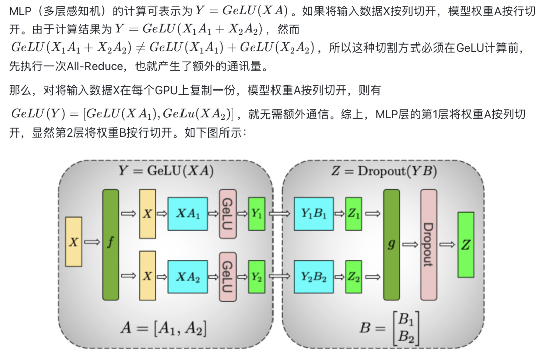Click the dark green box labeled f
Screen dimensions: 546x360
point(110,245)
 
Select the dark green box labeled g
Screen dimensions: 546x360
point(391,245)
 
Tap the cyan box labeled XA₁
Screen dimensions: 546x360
point(188,214)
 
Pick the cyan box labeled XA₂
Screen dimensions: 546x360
point(188,277)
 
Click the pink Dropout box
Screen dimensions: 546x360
point(429,245)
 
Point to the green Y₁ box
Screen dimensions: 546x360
point(257,214)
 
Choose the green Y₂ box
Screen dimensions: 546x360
point(257,277)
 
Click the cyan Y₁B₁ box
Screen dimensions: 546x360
point(313,214)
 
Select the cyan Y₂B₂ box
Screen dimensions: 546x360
point(313,277)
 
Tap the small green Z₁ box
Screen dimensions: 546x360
point(354,214)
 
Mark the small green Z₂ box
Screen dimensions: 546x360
point(354,277)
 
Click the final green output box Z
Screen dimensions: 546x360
point(466,245)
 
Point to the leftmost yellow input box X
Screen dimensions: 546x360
point(74,242)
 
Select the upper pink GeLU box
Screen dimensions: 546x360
point(227,214)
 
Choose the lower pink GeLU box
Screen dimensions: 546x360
point(227,277)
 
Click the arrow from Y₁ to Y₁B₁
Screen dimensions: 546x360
point(279,214)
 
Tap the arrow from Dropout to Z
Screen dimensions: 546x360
point(447,245)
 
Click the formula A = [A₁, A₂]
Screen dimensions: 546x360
point(164,328)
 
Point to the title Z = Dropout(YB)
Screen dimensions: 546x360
point(384,171)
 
